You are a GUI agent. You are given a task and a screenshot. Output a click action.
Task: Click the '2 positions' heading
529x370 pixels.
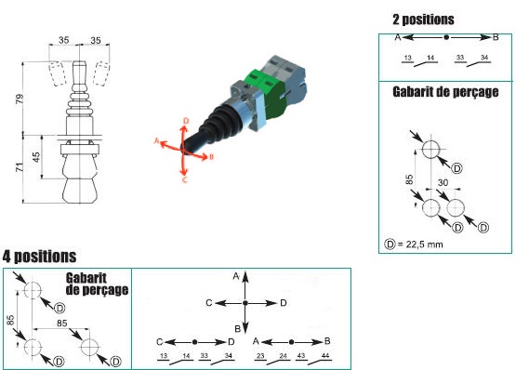point(423,20)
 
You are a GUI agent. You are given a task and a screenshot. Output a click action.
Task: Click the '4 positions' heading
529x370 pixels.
point(39,257)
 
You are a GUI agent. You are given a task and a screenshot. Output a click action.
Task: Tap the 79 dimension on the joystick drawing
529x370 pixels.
point(20,99)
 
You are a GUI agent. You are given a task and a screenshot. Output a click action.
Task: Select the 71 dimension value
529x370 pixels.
point(20,167)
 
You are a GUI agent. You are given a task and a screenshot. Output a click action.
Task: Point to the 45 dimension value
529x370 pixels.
point(35,157)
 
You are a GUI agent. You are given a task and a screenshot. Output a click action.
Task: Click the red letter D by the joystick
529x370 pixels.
point(186,121)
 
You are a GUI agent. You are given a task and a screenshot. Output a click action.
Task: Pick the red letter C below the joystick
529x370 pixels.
point(184,179)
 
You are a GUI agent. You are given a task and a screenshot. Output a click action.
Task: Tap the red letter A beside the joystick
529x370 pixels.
point(156,140)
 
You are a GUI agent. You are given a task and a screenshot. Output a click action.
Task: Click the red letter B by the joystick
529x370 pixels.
point(211,157)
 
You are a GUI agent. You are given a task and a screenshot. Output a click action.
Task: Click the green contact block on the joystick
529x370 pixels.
point(268,92)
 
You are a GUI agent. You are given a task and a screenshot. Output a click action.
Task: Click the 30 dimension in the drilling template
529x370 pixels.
point(443,182)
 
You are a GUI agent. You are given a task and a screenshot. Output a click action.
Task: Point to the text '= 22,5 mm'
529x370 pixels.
point(420,244)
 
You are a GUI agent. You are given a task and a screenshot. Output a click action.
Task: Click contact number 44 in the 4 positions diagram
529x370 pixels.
point(325,355)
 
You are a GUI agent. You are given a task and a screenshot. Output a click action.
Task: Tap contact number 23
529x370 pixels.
point(260,355)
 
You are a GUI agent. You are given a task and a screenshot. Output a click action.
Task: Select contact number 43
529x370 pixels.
point(301,355)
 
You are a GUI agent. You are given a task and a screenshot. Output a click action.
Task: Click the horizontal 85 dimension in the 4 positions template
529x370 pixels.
point(62,324)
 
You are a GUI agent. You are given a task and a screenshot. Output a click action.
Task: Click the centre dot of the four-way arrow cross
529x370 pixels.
point(245,303)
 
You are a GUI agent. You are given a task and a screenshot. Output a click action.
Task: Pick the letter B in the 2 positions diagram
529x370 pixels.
point(496,37)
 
